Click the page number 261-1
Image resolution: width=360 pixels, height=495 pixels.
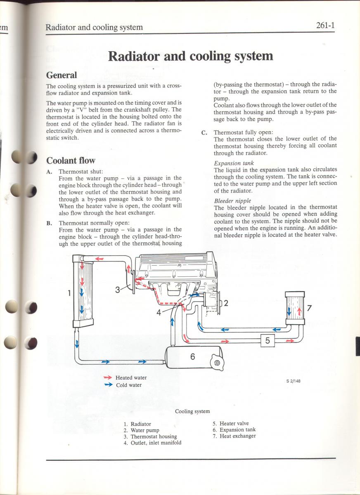[x=325, y=26]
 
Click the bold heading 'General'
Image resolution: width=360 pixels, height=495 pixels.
[x=62, y=75]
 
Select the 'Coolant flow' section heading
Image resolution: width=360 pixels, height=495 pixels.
[x=71, y=160]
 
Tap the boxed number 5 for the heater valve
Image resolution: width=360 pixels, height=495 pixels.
[x=268, y=340]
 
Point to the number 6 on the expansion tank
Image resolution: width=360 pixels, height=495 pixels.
[x=192, y=357]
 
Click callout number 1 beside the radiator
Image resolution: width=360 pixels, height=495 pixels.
[x=69, y=293]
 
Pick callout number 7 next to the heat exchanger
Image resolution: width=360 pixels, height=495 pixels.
[x=309, y=308]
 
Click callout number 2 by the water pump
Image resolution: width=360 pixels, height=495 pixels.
[x=226, y=303]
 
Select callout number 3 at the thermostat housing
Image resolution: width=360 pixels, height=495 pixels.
[x=118, y=290]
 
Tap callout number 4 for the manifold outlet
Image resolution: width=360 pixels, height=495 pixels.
[x=159, y=313]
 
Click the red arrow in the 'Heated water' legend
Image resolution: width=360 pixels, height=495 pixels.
[x=108, y=377]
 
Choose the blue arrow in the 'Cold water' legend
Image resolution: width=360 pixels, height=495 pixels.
[x=108, y=385]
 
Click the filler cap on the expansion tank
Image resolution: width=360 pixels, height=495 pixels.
[x=217, y=363]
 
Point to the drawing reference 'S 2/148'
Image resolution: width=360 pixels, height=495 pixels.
[x=293, y=381]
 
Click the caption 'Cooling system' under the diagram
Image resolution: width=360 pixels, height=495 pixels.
[x=192, y=411]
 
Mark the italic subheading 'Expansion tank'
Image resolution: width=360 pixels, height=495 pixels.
[x=234, y=163]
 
